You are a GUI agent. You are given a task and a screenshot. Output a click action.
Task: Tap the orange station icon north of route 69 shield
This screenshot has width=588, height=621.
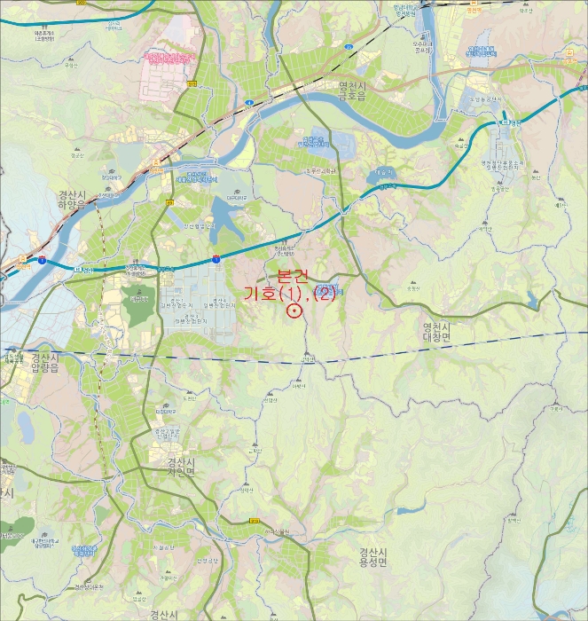coord(157,161)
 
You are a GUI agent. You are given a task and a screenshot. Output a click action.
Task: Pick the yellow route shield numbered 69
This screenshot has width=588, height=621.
coord(169,202)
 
